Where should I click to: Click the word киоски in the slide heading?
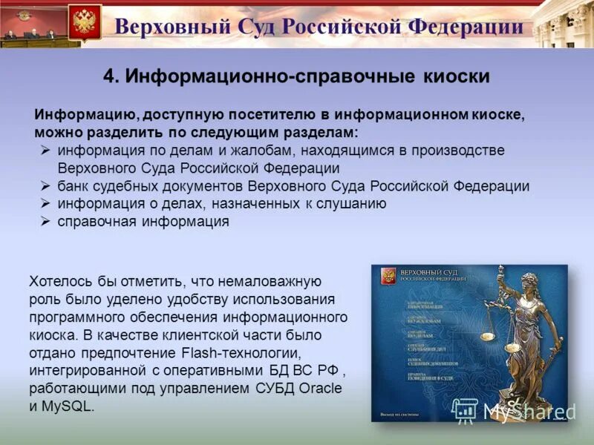click(x=459, y=76)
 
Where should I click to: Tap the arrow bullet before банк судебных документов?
click(x=45, y=185)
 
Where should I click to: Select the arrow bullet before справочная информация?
click(x=45, y=221)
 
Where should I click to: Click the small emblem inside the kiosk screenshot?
click(x=386, y=277)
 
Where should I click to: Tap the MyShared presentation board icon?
click(x=466, y=409)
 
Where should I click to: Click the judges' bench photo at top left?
click(x=31, y=24)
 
